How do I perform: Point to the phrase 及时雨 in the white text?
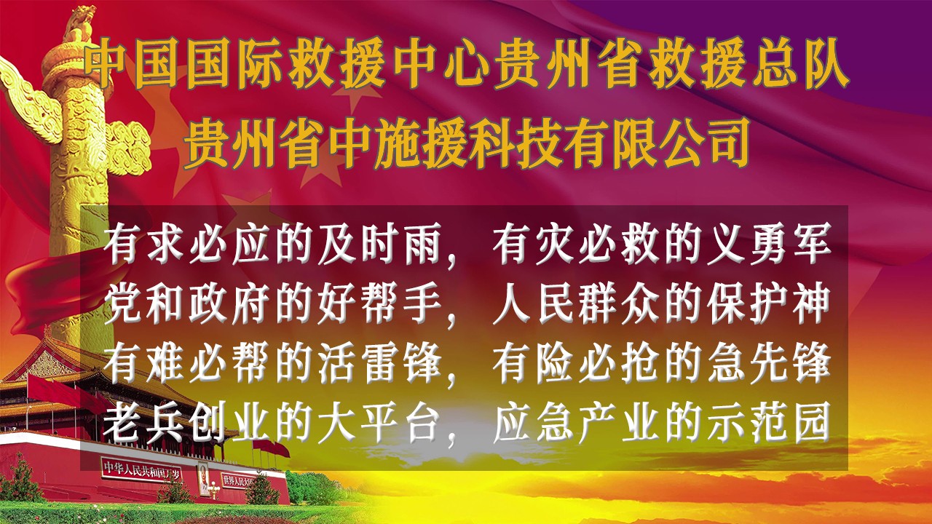379,245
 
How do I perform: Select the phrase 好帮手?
379,306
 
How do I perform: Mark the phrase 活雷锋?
379,364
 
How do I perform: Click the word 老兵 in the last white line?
143,422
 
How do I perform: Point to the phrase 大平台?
379,422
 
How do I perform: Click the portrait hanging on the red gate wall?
203,478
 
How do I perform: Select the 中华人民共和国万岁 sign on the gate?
141,469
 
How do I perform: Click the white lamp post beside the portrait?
215,491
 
